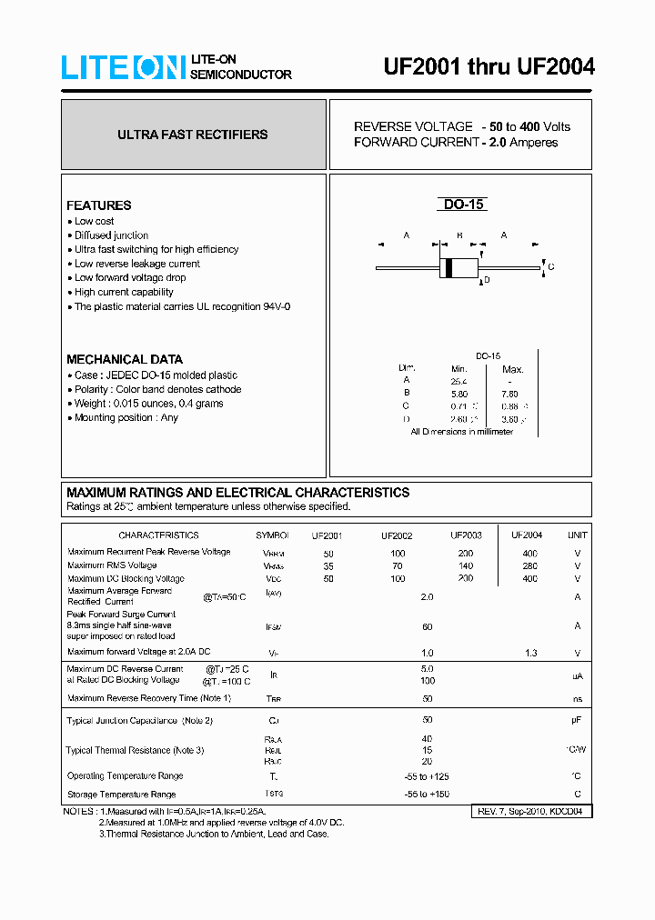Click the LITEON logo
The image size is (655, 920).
123,67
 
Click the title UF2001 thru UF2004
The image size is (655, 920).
489,67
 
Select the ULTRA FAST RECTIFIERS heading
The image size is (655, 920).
193,135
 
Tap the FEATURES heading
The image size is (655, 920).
98,205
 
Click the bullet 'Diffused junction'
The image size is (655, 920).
111,235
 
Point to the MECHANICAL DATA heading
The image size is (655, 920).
124,359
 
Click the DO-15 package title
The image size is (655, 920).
462,205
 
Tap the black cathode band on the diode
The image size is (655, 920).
448,267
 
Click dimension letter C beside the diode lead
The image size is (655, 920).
551,266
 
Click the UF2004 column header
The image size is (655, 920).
527,535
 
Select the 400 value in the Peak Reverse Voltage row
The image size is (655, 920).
529,553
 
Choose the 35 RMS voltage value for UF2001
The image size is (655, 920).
327,565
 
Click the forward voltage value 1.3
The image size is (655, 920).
530,653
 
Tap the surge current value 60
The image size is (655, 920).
427,626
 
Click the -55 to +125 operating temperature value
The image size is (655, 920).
427,776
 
